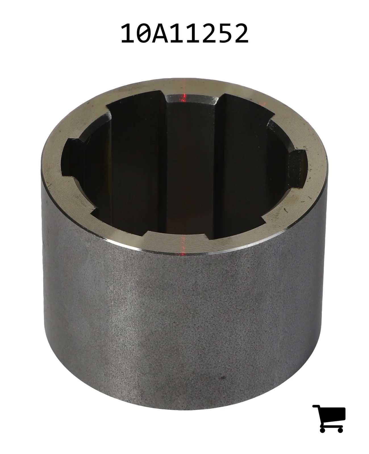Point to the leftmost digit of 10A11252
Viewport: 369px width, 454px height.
click(x=128, y=33)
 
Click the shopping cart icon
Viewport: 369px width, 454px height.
click(x=329, y=419)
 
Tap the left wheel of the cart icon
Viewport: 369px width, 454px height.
click(x=323, y=430)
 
